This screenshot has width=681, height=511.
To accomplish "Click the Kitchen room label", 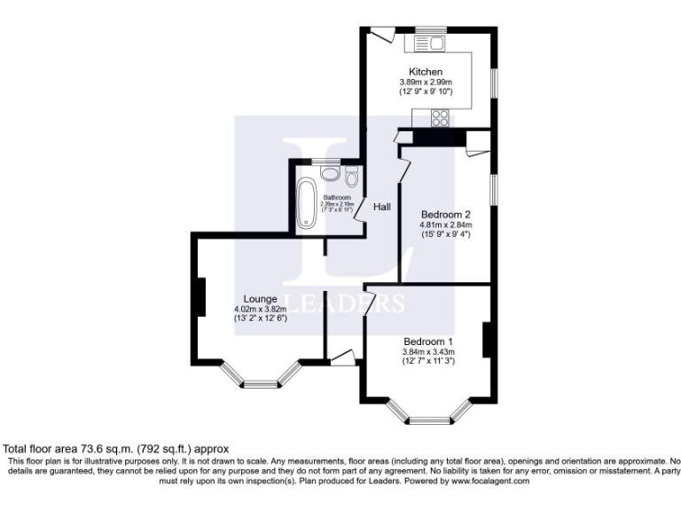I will (x=425, y=72).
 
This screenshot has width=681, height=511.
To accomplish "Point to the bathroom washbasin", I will (x=329, y=174).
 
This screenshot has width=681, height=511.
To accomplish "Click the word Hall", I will (x=381, y=207).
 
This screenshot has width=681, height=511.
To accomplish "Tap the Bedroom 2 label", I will (x=444, y=215).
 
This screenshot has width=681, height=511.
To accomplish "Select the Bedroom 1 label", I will (x=428, y=342).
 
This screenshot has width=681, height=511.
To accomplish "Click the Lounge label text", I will (x=261, y=298).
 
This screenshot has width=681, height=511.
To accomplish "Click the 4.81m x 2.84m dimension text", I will (x=445, y=224).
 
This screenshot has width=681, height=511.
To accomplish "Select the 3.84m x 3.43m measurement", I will (x=428, y=351).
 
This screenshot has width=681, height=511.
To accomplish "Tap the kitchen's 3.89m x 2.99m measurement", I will (x=426, y=82).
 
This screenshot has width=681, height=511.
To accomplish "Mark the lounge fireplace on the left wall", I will (x=200, y=295).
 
